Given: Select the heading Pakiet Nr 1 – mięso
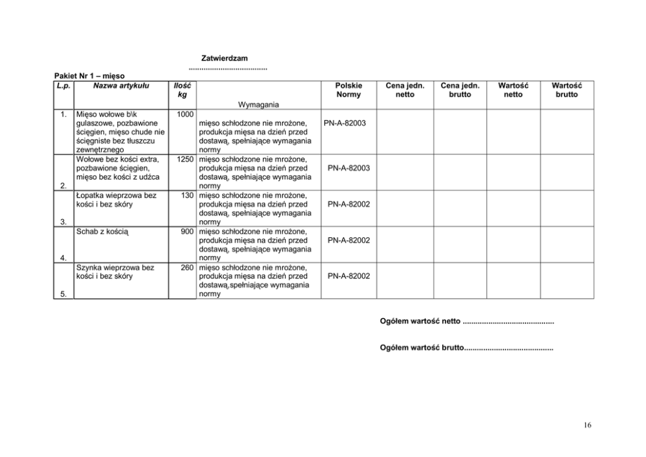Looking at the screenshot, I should pos(90,76).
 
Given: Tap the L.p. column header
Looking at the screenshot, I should pos(63,85).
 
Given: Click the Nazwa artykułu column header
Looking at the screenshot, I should pos(121,85).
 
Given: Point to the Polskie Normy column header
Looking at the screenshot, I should pos(348,90).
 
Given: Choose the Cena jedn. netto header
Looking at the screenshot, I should pos(404,90).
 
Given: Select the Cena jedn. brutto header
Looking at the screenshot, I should pos(460,90).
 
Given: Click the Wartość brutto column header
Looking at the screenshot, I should pos(566,90).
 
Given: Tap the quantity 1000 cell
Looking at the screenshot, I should pos(185,114).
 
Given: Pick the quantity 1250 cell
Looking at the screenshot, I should pos(185,158).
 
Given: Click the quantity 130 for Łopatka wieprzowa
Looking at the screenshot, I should pos(188,195).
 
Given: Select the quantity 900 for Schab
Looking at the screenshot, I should pos(188,231).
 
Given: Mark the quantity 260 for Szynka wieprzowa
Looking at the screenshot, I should pos(188,267).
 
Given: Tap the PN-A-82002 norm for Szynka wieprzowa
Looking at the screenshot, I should pos(348,276).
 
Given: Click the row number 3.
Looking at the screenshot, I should pos(63,222).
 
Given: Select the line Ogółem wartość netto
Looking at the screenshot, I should pos(466,321).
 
